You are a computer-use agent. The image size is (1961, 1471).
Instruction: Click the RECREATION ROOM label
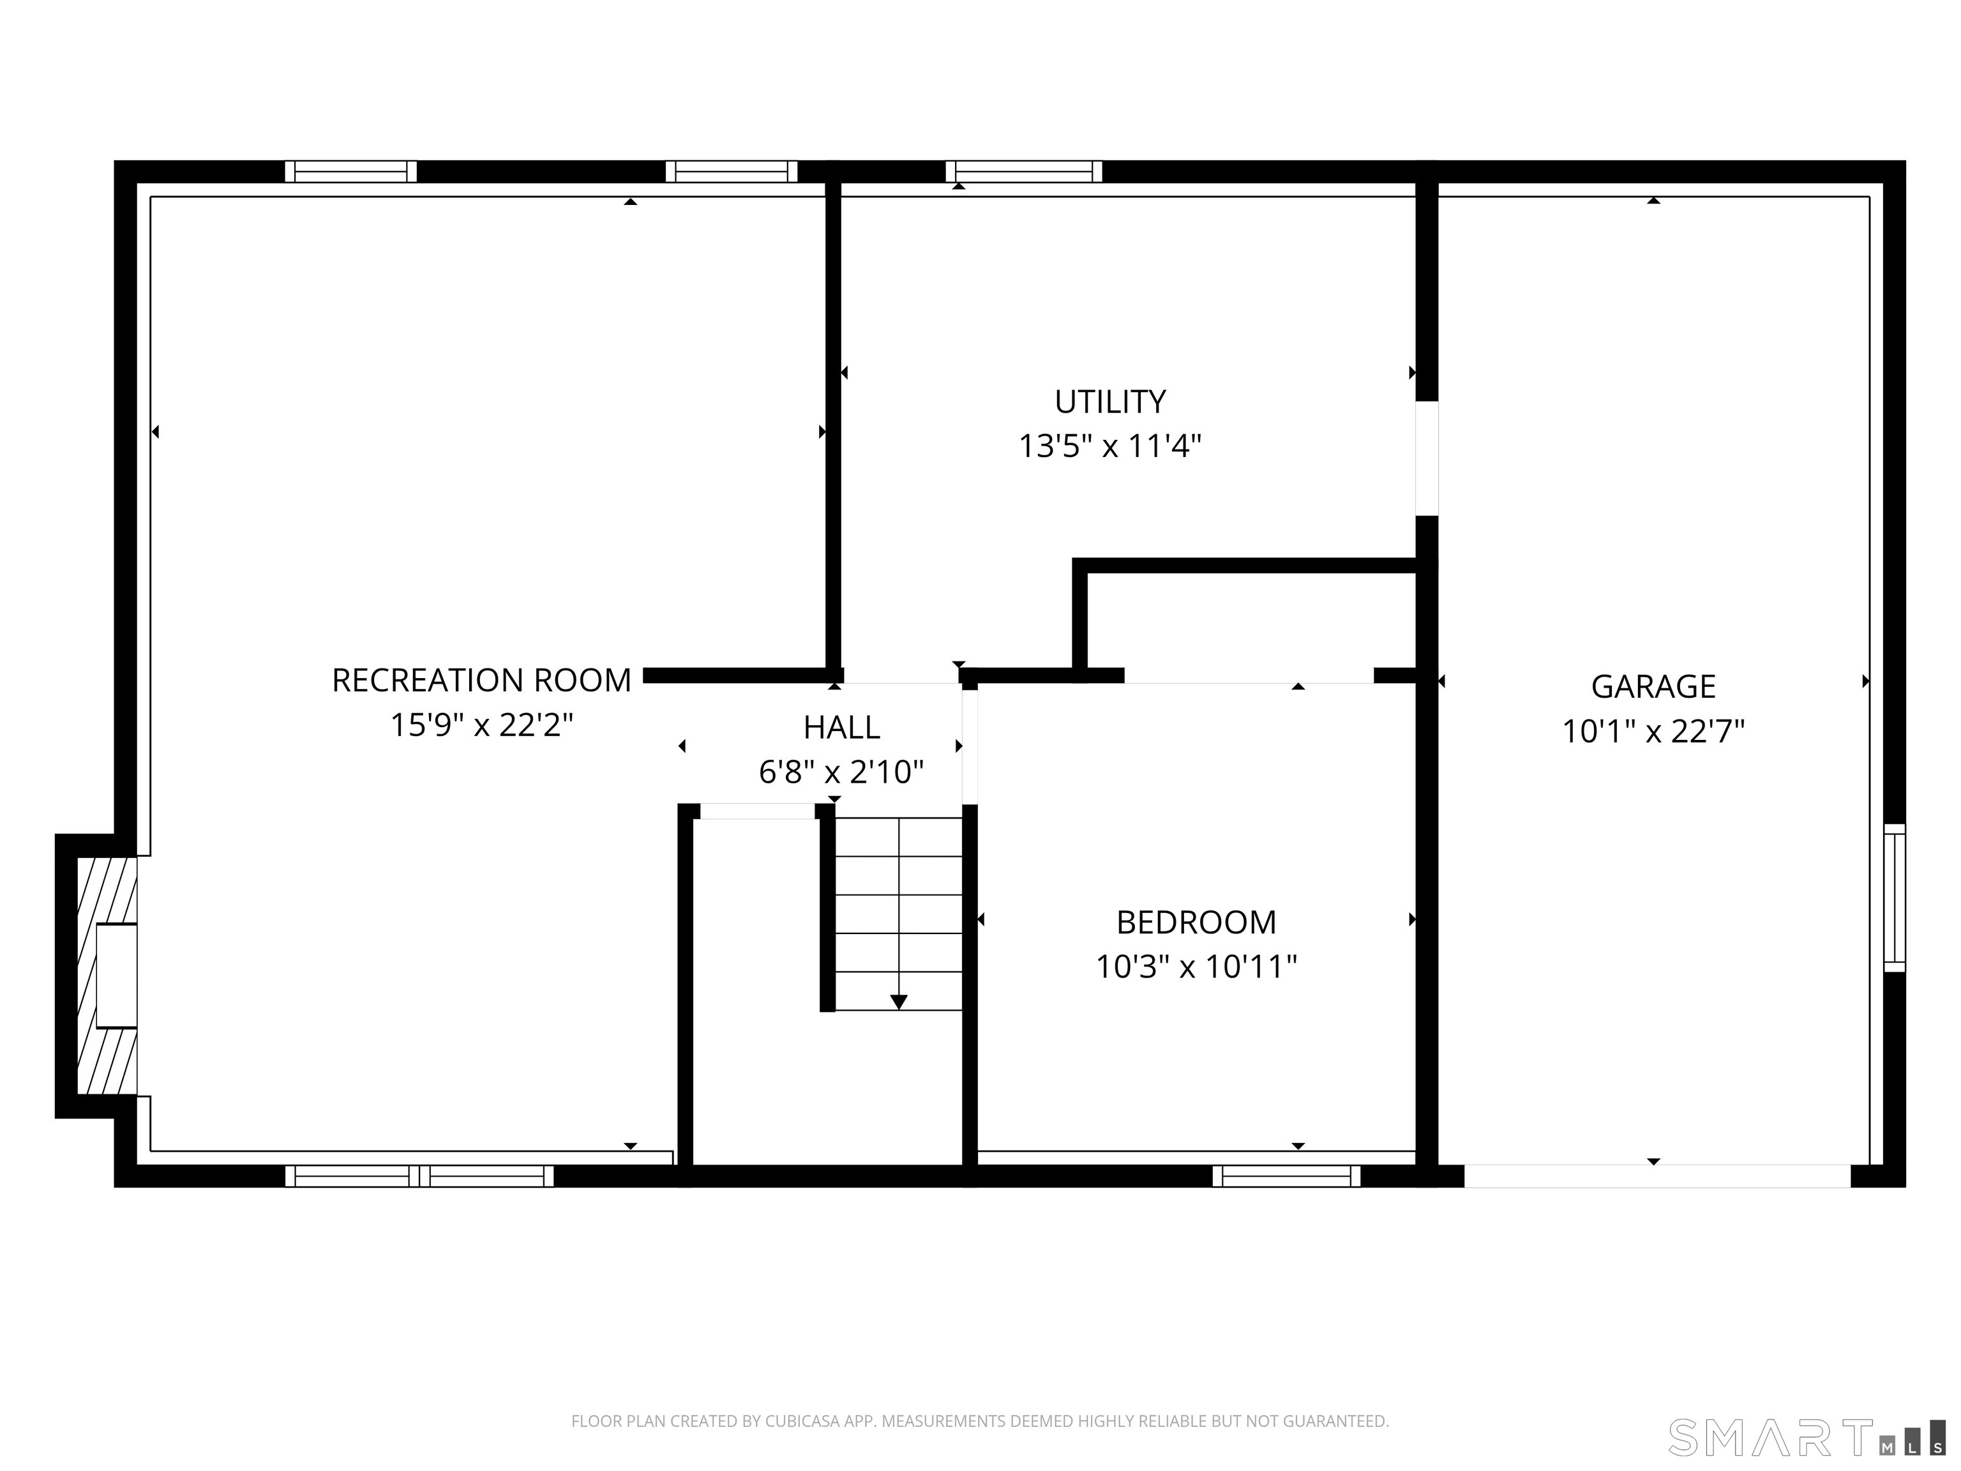tap(481, 680)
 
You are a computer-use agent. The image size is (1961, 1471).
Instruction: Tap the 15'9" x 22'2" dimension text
tap(481, 725)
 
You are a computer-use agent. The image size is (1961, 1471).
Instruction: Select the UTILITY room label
tap(1110, 402)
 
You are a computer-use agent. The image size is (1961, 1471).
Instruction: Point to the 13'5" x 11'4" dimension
tap(1110, 446)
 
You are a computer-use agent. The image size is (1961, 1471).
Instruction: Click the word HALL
tap(841, 727)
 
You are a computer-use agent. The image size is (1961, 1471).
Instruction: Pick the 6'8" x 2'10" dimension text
tap(841, 773)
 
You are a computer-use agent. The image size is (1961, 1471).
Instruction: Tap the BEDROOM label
tap(1196, 922)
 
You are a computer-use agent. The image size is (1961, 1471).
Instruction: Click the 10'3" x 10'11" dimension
tap(1196, 967)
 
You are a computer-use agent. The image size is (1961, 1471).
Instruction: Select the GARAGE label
tap(1653, 686)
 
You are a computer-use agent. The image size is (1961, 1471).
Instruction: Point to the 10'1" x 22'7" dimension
tap(1653, 732)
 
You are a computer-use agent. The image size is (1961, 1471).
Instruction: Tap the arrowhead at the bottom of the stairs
tap(899, 1002)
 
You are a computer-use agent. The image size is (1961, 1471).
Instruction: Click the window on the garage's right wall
tap(1893, 897)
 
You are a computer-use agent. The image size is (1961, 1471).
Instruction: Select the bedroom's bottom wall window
tap(1286, 1176)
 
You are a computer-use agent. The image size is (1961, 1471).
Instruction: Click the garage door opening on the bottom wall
tap(1657, 1176)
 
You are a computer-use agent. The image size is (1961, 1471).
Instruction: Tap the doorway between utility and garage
tap(1427, 458)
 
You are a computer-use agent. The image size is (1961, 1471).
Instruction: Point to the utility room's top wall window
tap(1024, 171)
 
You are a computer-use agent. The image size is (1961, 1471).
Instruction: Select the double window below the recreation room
tap(419, 1176)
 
